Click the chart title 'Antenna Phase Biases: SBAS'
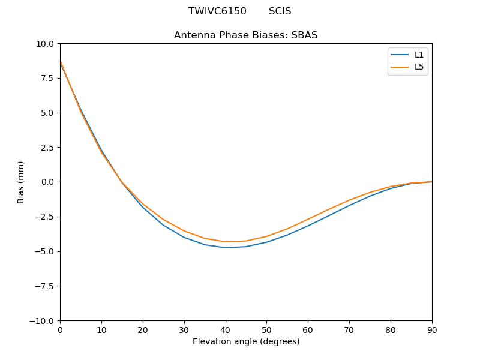click(245, 35)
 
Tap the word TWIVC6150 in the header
click(217, 11)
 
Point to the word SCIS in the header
click(280, 11)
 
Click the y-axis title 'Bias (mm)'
click(21, 182)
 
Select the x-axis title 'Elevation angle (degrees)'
click(246, 342)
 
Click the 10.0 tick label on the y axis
click(46, 44)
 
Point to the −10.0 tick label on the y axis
click(43, 320)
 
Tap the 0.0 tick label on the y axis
click(47, 182)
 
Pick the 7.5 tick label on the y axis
click(47, 78)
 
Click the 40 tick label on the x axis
click(225, 329)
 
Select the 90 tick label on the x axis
click(432, 329)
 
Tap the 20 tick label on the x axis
click(143, 329)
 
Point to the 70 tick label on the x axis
click(349, 329)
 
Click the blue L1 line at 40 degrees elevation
click(226, 248)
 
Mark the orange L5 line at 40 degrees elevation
click(226, 242)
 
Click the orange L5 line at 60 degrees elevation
click(308, 219)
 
